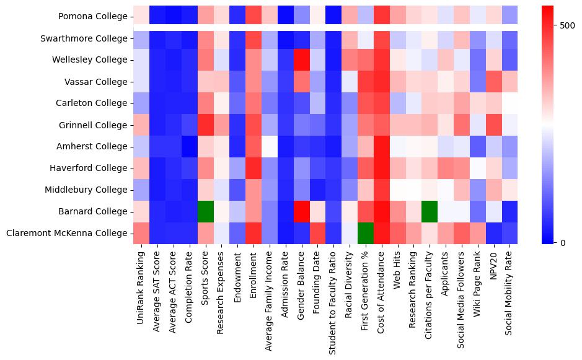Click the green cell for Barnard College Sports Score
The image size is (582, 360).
point(205,211)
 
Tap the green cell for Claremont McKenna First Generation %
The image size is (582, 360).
point(365,233)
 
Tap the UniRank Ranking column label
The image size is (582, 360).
point(141,289)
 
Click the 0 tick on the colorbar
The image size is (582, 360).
point(562,242)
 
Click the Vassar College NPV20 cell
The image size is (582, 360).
point(493,82)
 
